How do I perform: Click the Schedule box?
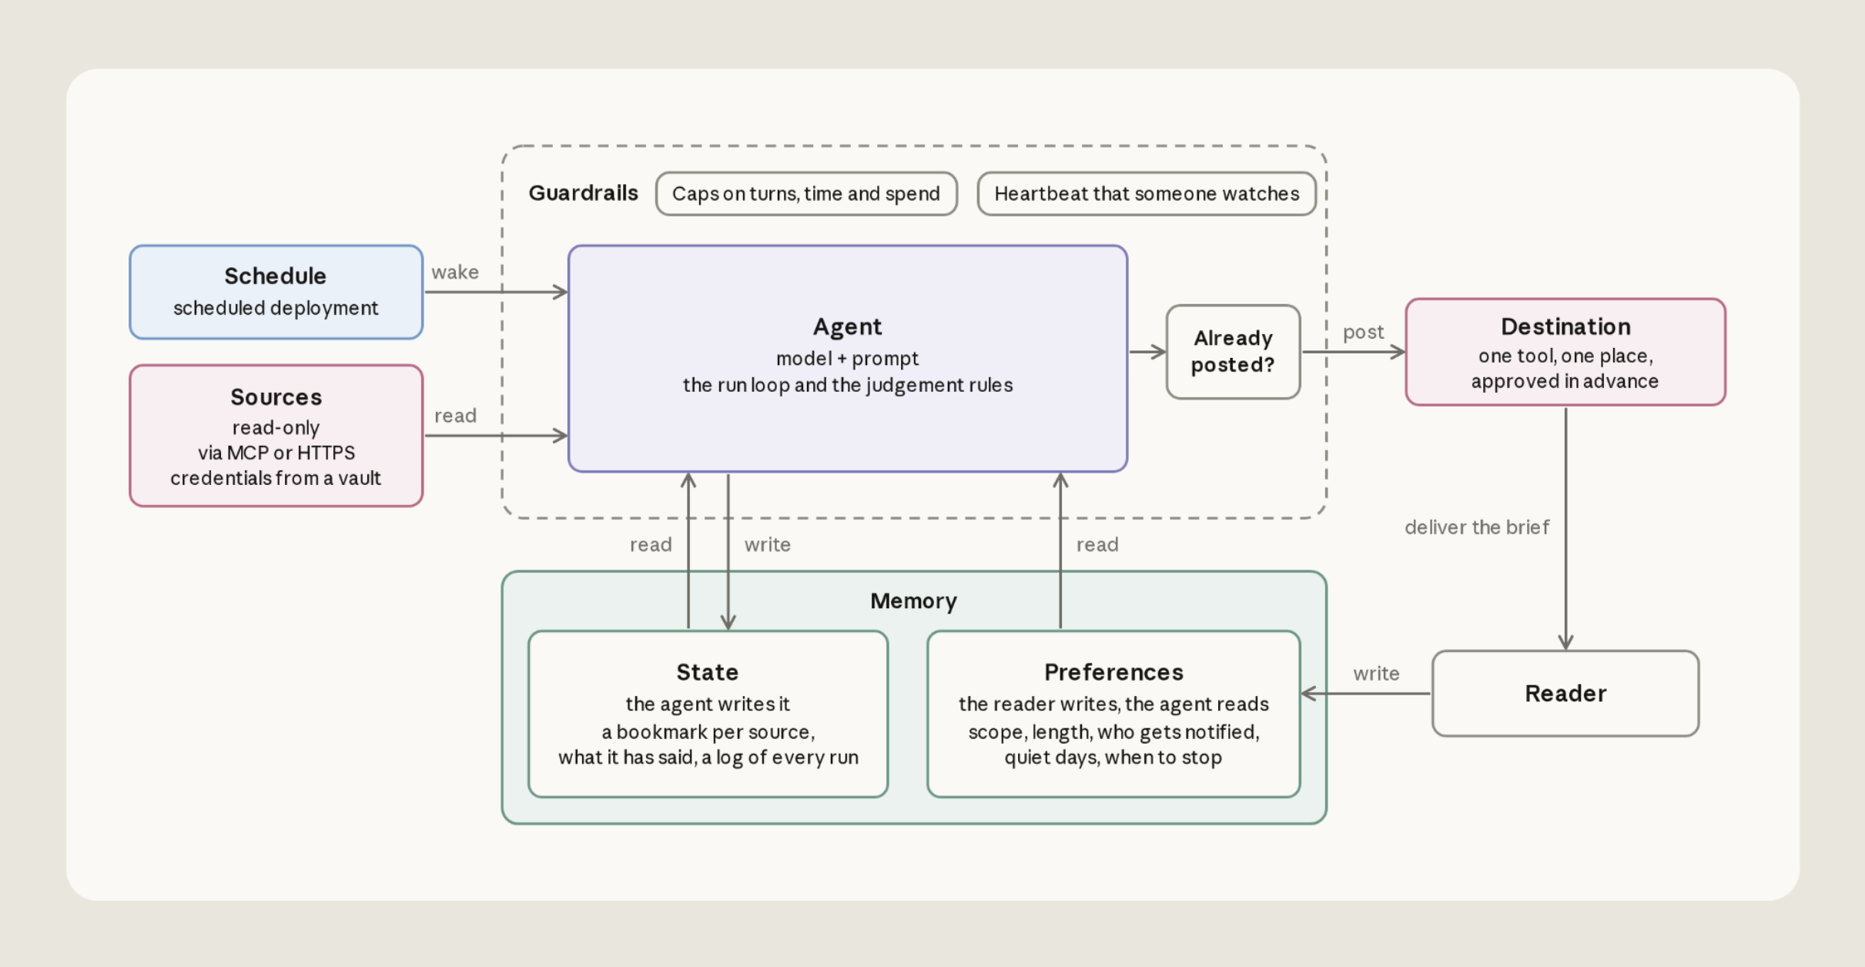click(276, 293)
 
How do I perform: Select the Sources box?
click(276, 436)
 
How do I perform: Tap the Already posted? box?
click(1233, 352)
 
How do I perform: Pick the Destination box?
click(1565, 352)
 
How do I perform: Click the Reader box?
click(1565, 694)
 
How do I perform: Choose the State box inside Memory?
click(708, 714)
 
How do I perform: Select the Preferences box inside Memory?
click(1113, 714)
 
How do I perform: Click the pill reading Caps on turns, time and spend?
click(806, 194)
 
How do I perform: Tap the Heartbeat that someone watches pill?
click(1147, 194)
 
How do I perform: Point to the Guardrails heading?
click(583, 192)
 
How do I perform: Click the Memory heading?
click(914, 601)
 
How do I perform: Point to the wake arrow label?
click(455, 273)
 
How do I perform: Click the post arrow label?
click(1363, 333)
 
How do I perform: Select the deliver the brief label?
click(1477, 527)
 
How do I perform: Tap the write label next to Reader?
click(1376, 674)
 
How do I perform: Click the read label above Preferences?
click(1097, 545)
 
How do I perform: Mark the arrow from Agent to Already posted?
click(1147, 352)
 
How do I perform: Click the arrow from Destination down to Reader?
click(1565, 529)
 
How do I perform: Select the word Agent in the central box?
click(848, 327)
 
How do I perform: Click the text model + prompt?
click(848, 359)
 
